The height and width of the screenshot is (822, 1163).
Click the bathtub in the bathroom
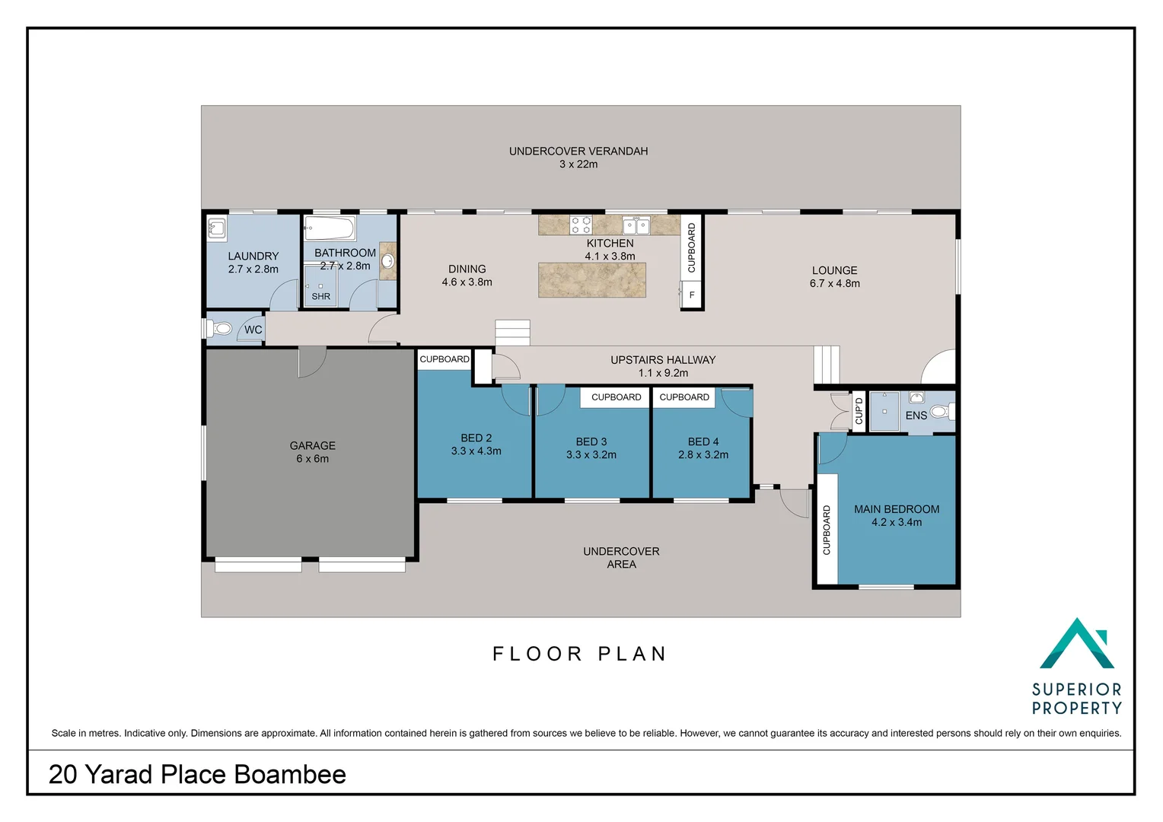(330, 228)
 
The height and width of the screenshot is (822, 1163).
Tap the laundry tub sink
(216, 228)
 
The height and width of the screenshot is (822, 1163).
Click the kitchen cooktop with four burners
(581, 225)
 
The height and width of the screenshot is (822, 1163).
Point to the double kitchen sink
(636, 225)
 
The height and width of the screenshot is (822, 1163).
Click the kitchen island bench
(592, 280)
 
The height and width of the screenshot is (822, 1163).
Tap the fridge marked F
(691, 295)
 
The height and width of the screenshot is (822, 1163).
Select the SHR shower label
(321, 297)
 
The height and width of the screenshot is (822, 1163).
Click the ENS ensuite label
(916, 416)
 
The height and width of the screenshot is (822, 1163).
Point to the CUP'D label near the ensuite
(859, 410)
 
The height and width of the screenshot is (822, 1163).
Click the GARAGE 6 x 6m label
(313, 452)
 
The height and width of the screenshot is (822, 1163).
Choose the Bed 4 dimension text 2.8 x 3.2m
(703, 455)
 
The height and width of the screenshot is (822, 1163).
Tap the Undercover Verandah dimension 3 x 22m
(578, 164)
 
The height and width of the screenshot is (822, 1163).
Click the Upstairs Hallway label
(663, 359)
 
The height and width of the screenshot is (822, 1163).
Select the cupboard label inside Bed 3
(617, 397)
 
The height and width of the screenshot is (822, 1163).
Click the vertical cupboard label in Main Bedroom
(827, 530)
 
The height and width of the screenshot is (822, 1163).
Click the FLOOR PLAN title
(579, 654)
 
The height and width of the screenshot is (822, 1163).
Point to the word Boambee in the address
(290, 774)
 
